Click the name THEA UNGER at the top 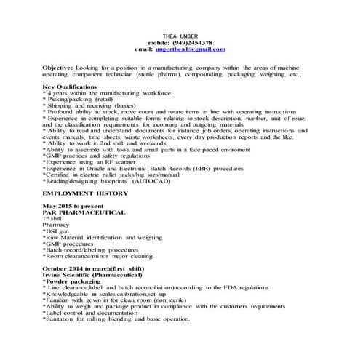(179, 36)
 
